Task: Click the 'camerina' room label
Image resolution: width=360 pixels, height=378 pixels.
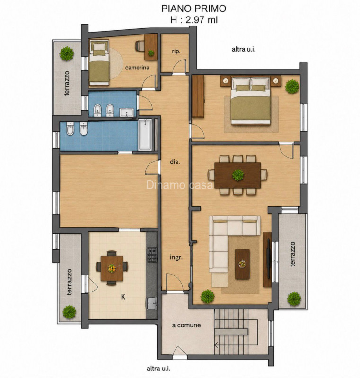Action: click(137, 68)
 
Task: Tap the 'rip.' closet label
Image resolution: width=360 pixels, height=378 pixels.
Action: click(176, 52)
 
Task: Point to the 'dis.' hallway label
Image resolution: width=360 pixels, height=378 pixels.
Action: click(175, 162)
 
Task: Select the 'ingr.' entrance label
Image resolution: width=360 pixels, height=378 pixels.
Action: click(176, 258)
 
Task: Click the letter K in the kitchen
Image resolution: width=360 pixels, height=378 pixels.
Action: click(123, 297)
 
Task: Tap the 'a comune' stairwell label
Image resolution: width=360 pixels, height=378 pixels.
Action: click(186, 325)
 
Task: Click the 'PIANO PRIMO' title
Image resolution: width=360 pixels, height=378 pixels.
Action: click(194, 9)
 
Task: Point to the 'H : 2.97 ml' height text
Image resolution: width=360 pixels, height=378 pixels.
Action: click(194, 20)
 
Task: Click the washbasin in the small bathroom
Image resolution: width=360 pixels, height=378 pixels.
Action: click(126, 112)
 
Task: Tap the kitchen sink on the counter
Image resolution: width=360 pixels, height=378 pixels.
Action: click(151, 303)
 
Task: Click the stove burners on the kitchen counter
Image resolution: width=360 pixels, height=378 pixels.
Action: click(152, 255)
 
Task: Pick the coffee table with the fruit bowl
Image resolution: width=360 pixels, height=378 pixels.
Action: click(242, 264)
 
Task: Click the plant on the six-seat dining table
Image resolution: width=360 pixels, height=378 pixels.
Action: click(238, 175)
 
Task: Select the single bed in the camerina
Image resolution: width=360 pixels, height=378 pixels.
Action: click(99, 62)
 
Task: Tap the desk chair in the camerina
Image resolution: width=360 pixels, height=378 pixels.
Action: click(140, 46)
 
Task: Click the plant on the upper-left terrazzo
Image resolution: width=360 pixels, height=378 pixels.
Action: click(67, 53)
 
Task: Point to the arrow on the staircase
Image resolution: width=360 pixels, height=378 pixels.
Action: click(216, 345)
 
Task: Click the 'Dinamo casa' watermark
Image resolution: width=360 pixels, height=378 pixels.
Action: click(180, 185)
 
